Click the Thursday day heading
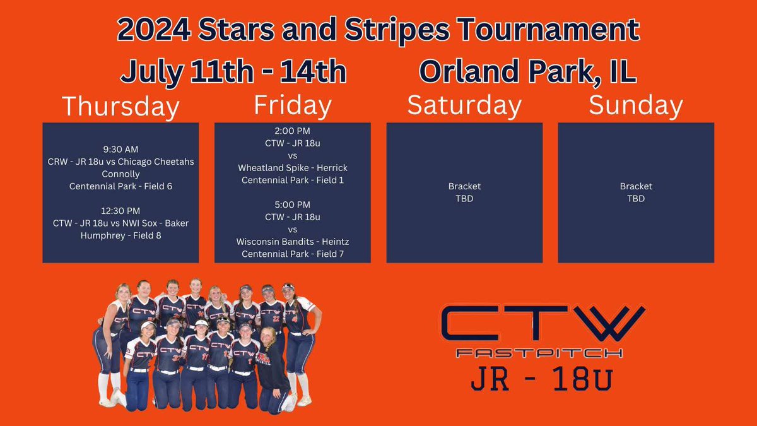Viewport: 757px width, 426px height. tap(120, 107)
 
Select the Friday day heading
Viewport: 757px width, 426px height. tap(292, 105)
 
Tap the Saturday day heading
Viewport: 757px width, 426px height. tap(464, 105)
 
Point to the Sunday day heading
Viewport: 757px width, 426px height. tap(636, 105)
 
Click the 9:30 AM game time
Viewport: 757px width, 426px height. tap(120, 150)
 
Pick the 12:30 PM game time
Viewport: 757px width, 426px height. tap(120, 211)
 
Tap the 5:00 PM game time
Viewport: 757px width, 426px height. tap(292, 204)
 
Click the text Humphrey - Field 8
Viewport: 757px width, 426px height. tap(120, 235)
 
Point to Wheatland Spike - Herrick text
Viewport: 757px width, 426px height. tap(292, 168)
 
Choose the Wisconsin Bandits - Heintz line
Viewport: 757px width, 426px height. tap(292, 241)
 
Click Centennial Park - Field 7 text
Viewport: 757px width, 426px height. tap(292, 254)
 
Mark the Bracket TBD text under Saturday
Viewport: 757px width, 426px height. tap(464, 192)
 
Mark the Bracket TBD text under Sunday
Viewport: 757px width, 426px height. tap(636, 192)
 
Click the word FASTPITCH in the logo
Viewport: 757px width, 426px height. tap(541, 353)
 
